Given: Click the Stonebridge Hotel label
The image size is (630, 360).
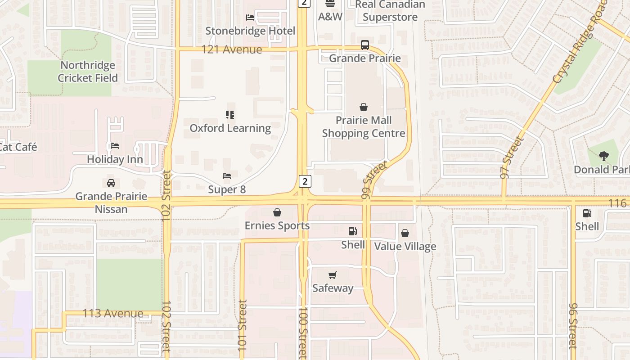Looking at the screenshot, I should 250,31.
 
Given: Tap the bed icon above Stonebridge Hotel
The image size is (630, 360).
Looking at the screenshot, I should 250,18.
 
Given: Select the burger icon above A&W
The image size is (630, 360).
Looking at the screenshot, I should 330,4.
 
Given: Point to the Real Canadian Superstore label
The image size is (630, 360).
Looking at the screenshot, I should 390,11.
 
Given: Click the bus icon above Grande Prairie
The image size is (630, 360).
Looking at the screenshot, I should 364,45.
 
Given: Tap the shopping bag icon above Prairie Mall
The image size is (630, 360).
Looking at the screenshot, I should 364,107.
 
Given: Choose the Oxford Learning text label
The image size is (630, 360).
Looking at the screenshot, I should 230,128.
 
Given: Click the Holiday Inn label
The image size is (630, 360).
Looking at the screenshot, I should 115,159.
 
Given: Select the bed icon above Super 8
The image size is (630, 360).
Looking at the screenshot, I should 227,175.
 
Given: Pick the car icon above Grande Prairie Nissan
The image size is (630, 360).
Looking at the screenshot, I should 111,183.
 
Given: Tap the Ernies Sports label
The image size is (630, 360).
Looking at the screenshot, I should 277,225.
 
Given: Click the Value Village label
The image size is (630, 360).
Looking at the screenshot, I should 405,246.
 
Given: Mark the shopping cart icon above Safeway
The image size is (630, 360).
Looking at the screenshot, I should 333,275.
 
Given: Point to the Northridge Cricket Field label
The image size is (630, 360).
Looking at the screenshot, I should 88,72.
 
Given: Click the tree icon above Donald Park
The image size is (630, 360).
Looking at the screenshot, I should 603,156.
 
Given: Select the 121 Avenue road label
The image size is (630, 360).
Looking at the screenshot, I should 231,49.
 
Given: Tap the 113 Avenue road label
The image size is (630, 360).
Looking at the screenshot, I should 113,313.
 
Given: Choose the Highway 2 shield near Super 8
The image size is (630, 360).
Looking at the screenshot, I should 305,181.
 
